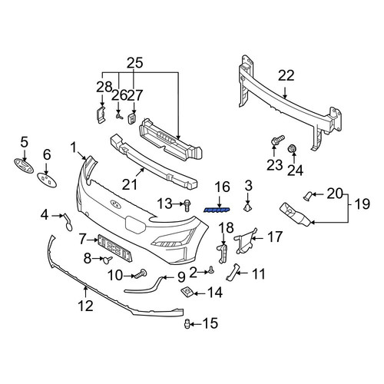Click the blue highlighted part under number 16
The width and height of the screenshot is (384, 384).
click(217, 210)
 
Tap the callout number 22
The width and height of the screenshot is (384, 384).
click(286, 76)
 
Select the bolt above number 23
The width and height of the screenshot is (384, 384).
click(277, 141)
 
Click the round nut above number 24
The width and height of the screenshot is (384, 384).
click(292, 148)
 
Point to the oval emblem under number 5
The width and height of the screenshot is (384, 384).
click(23, 165)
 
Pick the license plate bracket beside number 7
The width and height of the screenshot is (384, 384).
click(115, 248)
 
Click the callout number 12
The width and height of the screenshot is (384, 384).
click(85, 306)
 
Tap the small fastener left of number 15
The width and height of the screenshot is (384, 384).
click(187, 324)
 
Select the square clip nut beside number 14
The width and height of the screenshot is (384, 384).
click(187, 291)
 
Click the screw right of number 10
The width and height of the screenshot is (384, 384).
click(141, 274)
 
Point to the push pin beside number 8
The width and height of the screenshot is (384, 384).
click(108, 260)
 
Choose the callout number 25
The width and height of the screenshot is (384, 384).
click(135, 63)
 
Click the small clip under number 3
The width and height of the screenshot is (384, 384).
click(247, 207)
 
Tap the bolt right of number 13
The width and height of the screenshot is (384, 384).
click(187, 206)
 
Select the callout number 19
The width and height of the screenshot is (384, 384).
click(362, 204)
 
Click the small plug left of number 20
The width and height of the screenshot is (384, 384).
click(306, 196)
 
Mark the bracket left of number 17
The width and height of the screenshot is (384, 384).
click(243, 240)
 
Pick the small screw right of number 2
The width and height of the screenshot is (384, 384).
click(211, 270)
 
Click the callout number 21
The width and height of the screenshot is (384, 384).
click(129, 185)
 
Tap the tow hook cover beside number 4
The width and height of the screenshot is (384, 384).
click(68, 222)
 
